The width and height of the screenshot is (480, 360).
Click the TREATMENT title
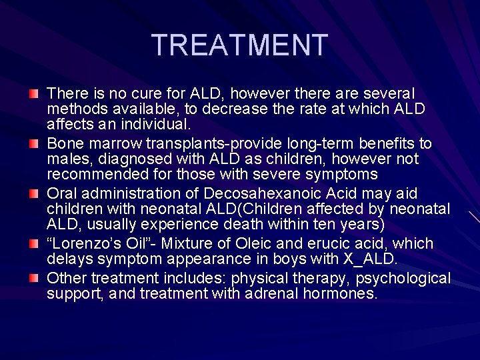pyautogui.click(x=240, y=45)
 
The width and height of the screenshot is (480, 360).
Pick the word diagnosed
pyautogui.click(x=122, y=159)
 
